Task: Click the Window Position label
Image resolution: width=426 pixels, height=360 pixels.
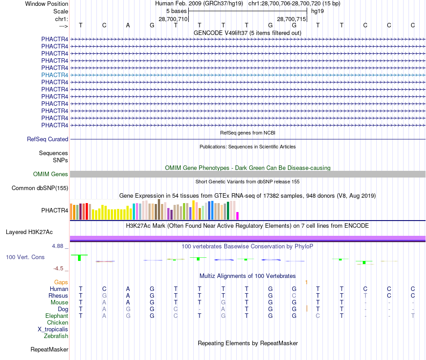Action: pyautogui.click(x=47, y=4)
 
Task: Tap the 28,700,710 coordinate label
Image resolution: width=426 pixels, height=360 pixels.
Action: pyautogui.click(x=173, y=19)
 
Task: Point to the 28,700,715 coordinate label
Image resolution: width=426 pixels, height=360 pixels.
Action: pyautogui.click(x=291, y=19)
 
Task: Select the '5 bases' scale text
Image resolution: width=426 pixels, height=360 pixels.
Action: pyautogui.click(x=176, y=11)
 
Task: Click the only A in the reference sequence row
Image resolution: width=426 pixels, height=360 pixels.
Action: pyautogui.click(x=128, y=25)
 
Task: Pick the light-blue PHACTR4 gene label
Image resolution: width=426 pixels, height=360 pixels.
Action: pyautogui.click(x=55, y=75)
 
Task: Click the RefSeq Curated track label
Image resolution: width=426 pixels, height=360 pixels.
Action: pyautogui.click(x=48, y=139)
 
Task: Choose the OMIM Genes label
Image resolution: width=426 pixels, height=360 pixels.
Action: pyautogui.click(x=51, y=174)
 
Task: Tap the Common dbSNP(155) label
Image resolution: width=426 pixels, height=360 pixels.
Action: pyautogui.click(x=40, y=188)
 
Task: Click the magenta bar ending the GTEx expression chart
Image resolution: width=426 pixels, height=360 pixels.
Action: pyautogui.click(x=238, y=216)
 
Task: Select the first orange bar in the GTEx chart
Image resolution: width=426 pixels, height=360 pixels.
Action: pyautogui.click(x=71, y=211)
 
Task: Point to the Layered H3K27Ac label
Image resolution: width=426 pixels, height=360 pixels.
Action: pyautogui.click(x=29, y=232)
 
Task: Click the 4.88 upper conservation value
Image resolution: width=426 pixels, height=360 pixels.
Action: pyautogui.click(x=59, y=246)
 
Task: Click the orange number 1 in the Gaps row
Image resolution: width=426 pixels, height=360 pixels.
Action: pyautogui.click(x=306, y=282)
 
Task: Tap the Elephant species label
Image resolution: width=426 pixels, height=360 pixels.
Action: pyautogui.click(x=57, y=316)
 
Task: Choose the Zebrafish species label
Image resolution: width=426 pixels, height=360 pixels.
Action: pyautogui.click(x=56, y=336)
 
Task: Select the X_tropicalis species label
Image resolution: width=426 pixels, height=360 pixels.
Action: pyautogui.click(x=53, y=329)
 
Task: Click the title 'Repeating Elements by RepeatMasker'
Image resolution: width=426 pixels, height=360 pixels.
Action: pyautogui.click(x=248, y=343)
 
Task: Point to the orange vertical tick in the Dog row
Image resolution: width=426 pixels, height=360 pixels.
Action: pyautogui.click(x=306, y=308)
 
